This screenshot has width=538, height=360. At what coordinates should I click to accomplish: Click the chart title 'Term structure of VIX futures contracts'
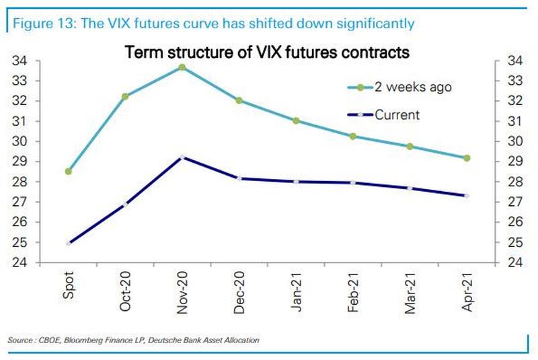(268, 51)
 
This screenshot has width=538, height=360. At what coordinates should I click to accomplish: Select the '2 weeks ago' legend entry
(413, 87)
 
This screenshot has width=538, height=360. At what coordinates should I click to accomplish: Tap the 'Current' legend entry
(397, 115)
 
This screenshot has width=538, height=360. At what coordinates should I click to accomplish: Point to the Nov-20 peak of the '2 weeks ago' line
(182, 67)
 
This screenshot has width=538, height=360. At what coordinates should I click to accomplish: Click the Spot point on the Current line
(68, 243)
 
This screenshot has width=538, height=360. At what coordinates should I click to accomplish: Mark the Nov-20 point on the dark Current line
(182, 157)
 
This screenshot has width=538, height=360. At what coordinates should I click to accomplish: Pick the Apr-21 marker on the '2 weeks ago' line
(467, 158)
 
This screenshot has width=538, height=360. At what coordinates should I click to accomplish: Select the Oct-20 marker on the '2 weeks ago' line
(125, 96)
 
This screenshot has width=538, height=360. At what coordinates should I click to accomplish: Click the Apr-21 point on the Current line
(467, 196)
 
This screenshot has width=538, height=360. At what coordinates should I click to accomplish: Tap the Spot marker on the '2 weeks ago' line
(68, 171)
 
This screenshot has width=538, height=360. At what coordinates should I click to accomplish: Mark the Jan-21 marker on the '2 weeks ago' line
(297, 120)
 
